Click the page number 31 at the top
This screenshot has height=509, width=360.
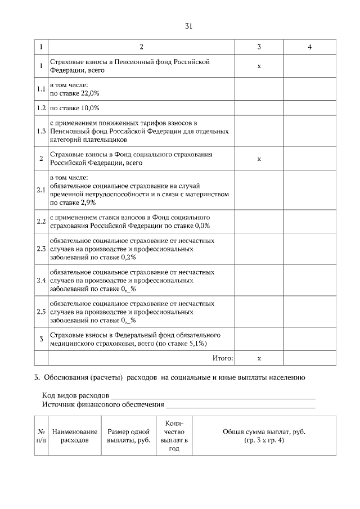click(x=189, y=26)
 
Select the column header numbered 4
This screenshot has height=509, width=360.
click(x=309, y=47)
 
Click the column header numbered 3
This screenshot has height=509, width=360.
click(x=259, y=47)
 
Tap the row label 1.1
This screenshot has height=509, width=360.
click(x=40, y=89)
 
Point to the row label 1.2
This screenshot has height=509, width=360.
click(x=40, y=107)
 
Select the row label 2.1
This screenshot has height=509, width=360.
click(x=40, y=191)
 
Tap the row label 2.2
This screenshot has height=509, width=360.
click(x=40, y=222)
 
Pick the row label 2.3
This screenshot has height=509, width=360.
click(x=40, y=249)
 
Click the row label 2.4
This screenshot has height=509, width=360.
click(x=40, y=280)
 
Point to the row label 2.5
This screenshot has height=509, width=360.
click(x=40, y=312)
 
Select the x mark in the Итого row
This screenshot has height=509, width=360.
click(x=259, y=358)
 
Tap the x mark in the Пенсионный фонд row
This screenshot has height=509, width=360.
click(x=259, y=66)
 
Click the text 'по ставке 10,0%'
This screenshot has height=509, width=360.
click(x=75, y=107)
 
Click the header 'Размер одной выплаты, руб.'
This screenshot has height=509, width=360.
click(x=128, y=436)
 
